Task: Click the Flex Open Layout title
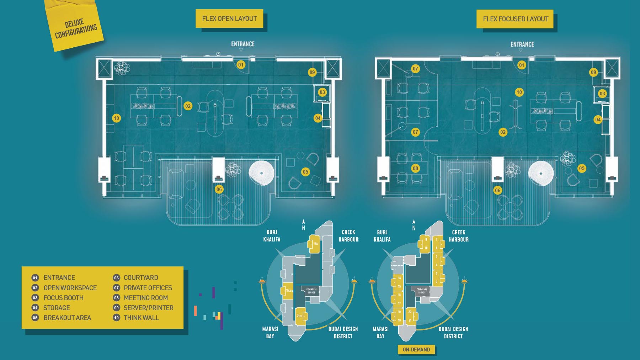[x=229, y=18]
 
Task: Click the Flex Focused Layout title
[x=515, y=19]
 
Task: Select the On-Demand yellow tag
[x=416, y=350]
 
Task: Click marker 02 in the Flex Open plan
[x=188, y=106]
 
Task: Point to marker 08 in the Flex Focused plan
[x=415, y=168]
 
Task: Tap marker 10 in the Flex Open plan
[x=116, y=118]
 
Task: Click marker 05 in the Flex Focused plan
[x=582, y=168]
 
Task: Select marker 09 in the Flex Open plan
[x=312, y=72]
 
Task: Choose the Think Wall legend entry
[x=141, y=318]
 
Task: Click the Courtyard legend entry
[x=140, y=277]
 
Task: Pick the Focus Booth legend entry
[x=63, y=298]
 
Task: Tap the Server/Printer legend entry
[x=148, y=308]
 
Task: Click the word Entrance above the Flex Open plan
[x=243, y=44]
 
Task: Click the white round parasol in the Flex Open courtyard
[x=261, y=173]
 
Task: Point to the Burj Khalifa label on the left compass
[x=272, y=236]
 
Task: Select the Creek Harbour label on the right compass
[x=459, y=236]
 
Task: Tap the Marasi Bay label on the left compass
[x=270, y=333]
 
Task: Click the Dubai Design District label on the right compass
[x=453, y=333]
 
